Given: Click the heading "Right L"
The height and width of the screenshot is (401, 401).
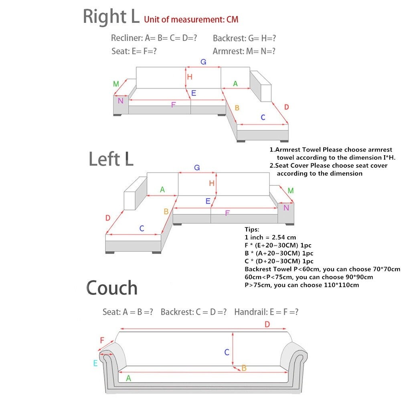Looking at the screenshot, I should pos(111,17).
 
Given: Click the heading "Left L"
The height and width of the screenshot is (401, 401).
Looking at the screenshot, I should pos(111,159).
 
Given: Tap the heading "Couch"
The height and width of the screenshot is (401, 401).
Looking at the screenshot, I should pos(112,288).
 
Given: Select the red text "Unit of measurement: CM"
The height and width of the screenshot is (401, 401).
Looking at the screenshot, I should pos(191,19).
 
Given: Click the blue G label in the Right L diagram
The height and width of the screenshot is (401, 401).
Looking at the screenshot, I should pos(203,62).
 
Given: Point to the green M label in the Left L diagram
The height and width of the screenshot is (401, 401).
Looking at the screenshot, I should pos(291,190).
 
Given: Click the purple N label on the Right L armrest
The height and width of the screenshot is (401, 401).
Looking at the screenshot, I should pos(120,101).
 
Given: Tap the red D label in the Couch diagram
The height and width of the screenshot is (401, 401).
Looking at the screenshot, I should pos(267,324).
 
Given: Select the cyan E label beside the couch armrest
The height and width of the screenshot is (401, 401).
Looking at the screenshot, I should pos(95,363).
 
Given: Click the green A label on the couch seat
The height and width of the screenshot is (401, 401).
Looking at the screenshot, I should pos(128,378).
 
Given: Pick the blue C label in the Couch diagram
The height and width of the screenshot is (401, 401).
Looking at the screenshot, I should pos(227,352).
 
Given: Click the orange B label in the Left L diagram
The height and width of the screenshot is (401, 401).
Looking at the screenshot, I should pos(166,211).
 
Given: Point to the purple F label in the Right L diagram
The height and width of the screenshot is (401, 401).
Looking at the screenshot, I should pos(173,105).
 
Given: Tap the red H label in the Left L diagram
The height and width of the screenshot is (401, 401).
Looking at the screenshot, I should pos(212,183).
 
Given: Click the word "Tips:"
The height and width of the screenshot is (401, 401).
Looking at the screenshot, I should pos(252,229).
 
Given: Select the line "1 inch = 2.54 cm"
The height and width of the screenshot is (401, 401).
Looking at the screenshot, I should pos(270,237).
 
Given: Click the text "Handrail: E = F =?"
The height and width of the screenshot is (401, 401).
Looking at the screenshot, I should pos(266,312).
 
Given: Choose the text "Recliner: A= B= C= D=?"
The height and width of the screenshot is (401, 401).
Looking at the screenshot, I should pos(154,38).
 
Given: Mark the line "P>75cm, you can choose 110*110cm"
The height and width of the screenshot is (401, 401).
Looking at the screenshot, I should pos(302,285).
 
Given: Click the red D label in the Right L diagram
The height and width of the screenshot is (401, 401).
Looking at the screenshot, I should pos(286,107).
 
